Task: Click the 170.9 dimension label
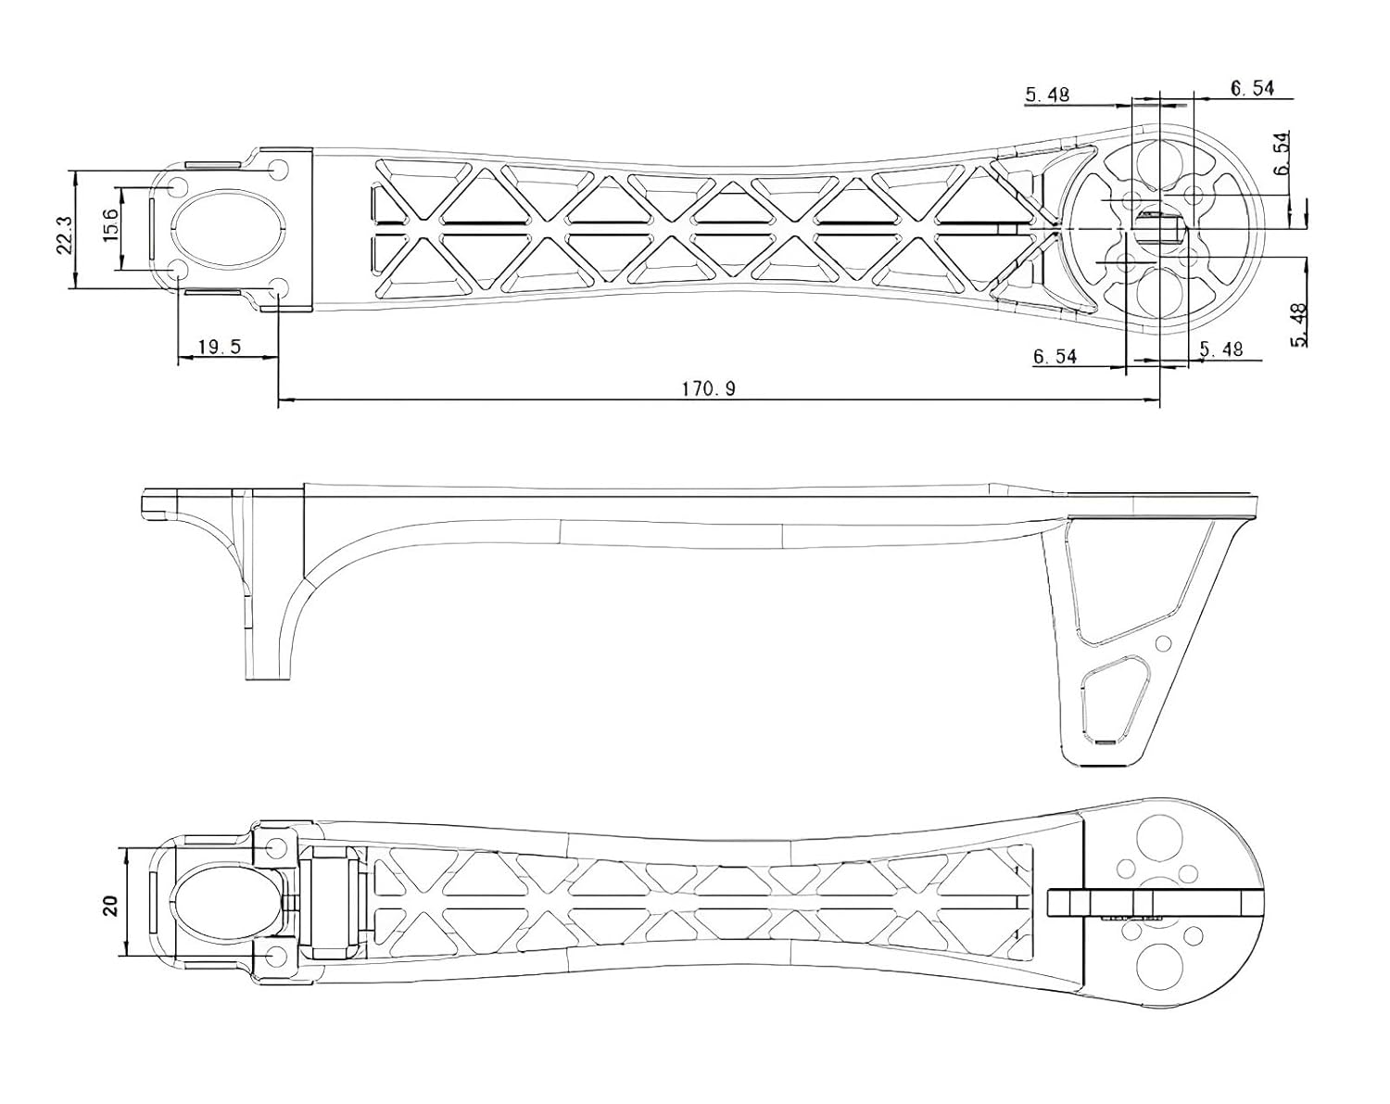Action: click(708, 388)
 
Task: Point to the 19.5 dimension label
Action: click(220, 347)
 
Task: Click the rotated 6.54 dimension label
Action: click(1282, 154)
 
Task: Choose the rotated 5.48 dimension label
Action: click(1299, 325)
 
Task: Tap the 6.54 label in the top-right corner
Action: click(1252, 88)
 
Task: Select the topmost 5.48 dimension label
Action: click(1048, 94)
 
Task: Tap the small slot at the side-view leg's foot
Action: click(1104, 742)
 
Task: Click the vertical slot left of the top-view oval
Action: click(152, 228)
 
